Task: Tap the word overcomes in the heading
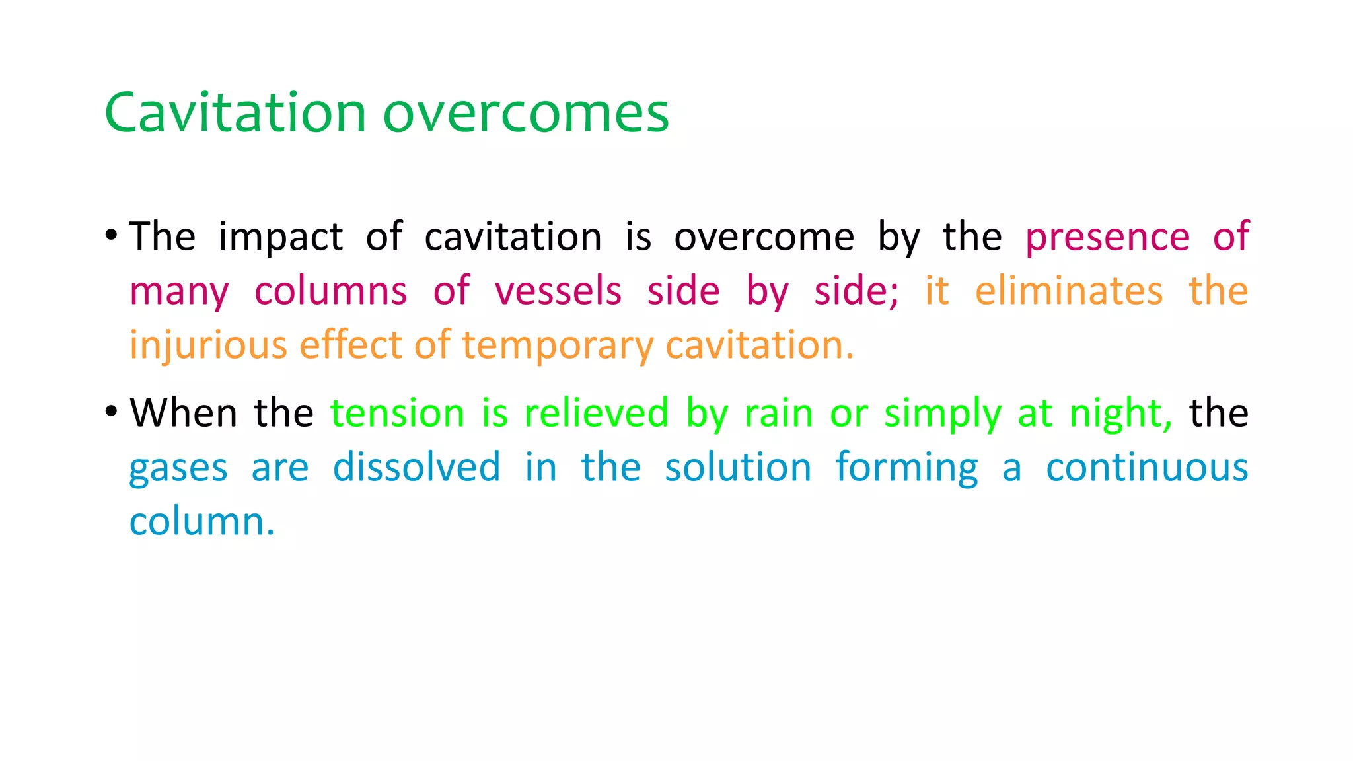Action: tap(526, 114)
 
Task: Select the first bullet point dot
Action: tap(111, 235)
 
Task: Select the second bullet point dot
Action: tap(111, 411)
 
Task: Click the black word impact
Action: tap(281, 238)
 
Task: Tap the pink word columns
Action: tap(330, 291)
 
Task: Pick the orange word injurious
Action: tap(208, 345)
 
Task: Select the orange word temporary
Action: tap(558, 346)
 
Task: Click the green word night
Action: tap(1120, 414)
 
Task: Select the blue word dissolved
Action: tap(416, 467)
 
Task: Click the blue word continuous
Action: tap(1147, 467)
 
